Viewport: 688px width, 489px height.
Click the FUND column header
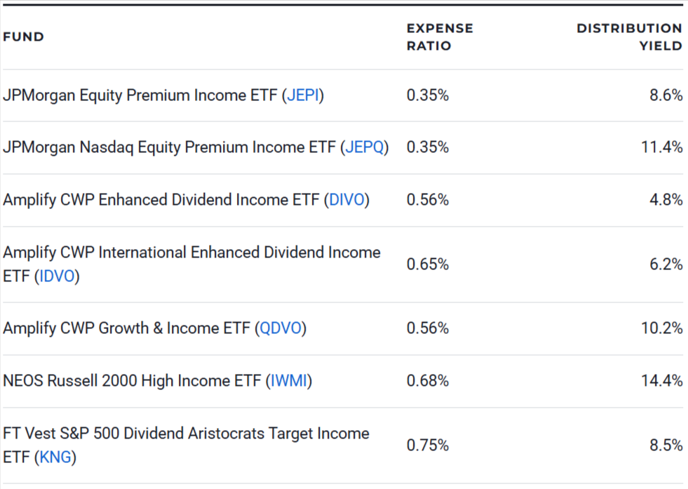23,36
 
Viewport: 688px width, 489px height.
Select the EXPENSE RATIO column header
440,36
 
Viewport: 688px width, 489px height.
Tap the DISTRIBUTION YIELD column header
629,36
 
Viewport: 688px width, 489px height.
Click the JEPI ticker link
304,95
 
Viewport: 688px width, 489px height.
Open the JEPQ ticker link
365,147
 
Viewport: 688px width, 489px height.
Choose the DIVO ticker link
346,200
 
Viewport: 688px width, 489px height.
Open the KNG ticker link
55,457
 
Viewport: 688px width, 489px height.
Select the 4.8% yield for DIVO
666,200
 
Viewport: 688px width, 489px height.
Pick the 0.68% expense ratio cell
428,381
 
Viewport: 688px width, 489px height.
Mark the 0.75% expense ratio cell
428,446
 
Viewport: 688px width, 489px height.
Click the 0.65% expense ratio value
428,264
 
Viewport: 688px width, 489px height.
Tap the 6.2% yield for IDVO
666,264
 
